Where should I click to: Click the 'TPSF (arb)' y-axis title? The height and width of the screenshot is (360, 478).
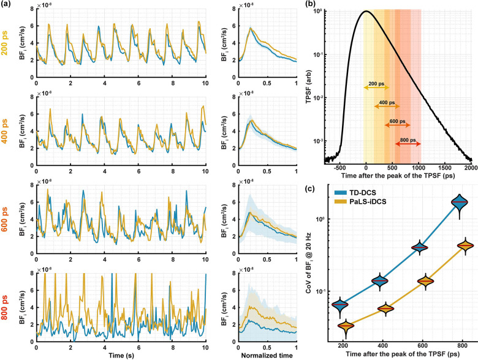click(x=319, y=83)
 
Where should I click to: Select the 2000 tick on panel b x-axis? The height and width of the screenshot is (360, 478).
click(x=471, y=168)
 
